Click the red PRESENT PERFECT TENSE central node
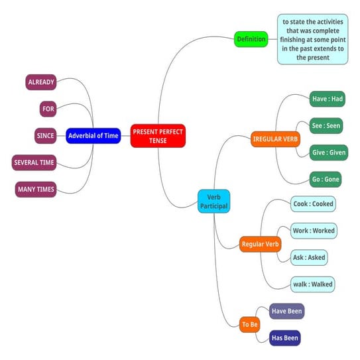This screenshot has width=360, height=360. (x=158, y=136)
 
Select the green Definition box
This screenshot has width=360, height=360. (x=251, y=40)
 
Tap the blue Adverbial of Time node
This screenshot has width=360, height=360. (x=93, y=136)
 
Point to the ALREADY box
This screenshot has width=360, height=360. (x=41, y=83)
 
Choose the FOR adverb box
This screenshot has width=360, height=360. (x=48, y=109)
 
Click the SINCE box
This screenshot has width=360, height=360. (x=45, y=136)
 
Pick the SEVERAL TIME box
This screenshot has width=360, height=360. (x=34, y=162)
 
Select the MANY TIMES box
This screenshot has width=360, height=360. (x=36, y=190)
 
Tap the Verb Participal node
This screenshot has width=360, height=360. (x=214, y=200)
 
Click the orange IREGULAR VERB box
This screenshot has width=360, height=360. (x=276, y=140)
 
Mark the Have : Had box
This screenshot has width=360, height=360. (x=328, y=99)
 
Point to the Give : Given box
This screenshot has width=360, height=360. (x=329, y=152)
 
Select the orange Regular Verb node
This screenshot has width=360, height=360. (x=260, y=245)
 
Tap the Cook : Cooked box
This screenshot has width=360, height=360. (x=314, y=204)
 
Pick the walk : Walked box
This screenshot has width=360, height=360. (x=313, y=284)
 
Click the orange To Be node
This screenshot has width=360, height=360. (x=250, y=325)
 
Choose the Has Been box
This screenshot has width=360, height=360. (x=285, y=338)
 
